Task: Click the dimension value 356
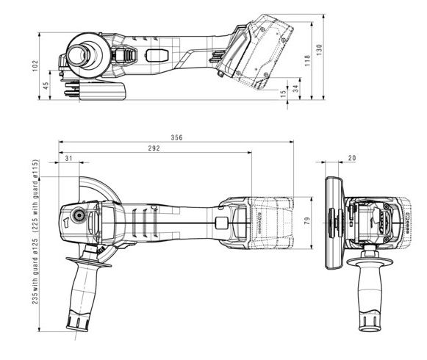pos(176,137)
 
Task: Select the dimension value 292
pos(154,148)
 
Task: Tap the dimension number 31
pos(68,159)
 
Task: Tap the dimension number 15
pos(285,93)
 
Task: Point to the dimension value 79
pos(307,220)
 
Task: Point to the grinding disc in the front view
pos(334,220)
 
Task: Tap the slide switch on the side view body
pos(156,55)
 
